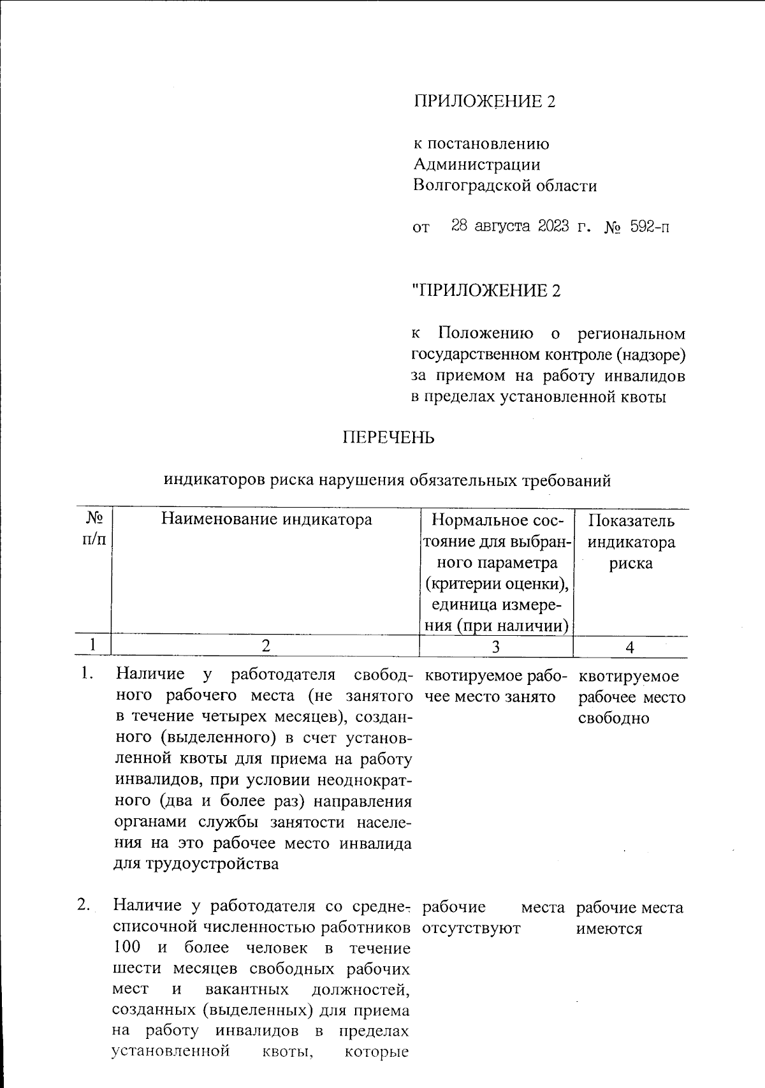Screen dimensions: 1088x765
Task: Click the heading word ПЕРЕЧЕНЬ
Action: point(389,437)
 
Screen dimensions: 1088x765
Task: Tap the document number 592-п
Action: point(650,226)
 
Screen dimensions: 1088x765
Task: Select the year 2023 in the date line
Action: point(553,226)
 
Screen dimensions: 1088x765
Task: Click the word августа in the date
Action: point(502,226)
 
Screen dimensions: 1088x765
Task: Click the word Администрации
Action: point(476,165)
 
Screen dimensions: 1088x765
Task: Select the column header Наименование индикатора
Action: point(266,519)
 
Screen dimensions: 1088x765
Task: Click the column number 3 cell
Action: point(496,647)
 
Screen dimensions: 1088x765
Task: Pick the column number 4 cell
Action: point(630,647)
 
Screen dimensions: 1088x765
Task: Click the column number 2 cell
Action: point(265,646)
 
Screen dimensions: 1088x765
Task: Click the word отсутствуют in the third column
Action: point(471,929)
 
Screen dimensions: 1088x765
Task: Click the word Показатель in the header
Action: point(630,521)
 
